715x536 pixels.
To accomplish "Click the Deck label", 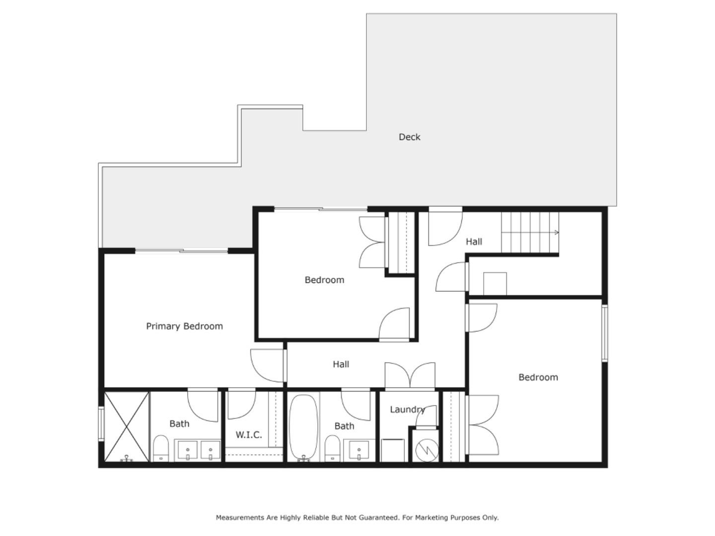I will click(409, 137).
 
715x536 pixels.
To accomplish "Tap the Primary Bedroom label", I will click(184, 326).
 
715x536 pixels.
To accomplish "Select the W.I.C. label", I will click(248, 435).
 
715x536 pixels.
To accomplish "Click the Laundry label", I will click(407, 409).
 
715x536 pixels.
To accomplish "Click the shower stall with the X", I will click(127, 426).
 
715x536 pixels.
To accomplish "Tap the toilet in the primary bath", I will click(160, 448).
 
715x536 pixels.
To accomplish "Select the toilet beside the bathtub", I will click(332, 448).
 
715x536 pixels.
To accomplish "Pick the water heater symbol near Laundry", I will click(426, 450).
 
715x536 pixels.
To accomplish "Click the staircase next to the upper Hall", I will click(529, 232).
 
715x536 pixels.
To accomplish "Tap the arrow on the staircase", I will click(556, 232).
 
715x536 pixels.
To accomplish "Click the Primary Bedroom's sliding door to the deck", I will click(182, 251).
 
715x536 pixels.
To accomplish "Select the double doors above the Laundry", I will click(410, 375).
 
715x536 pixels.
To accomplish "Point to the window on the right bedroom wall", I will click(605, 333).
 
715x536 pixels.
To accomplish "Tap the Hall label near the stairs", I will click(474, 242).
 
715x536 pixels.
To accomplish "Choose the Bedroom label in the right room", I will click(538, 377).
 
